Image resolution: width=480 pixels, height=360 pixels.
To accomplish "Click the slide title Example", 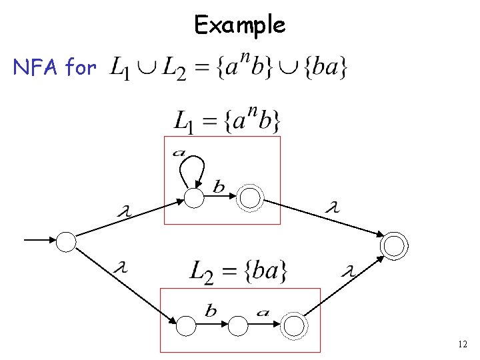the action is pos(239,25).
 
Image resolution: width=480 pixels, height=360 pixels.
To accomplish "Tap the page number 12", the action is pos(463,344).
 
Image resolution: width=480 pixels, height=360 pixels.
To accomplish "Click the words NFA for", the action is pos(55,67).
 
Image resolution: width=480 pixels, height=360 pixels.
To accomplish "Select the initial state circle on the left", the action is pos(66,241).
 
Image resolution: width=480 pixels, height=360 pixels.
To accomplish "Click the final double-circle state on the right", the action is pos(393,246).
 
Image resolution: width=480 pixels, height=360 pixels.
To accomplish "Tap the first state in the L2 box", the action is pos(186,325).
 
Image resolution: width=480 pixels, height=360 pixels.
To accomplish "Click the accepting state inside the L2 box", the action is pos(294,325).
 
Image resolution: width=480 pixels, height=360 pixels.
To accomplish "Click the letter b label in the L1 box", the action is pos(219,187).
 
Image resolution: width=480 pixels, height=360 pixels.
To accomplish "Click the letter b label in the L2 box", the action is pos(211,311).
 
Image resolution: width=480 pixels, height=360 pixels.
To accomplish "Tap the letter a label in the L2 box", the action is pos(263,311).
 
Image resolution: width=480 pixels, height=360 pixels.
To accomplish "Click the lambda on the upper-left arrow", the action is pos(123,211).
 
